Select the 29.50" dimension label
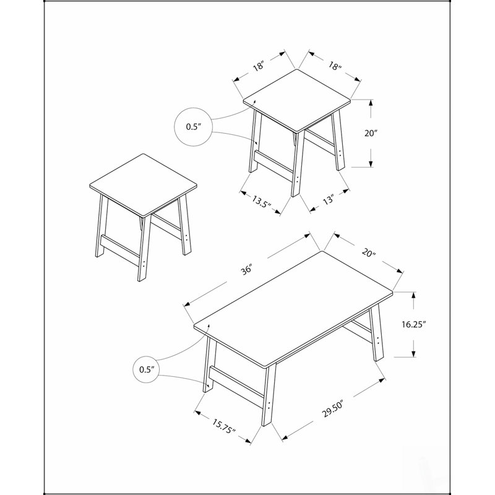332,408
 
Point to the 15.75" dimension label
224,426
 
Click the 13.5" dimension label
261,201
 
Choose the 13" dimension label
329,199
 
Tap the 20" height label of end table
371,133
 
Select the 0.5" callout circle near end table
194,127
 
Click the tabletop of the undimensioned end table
144,185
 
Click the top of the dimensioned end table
297,100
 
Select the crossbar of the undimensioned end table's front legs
120,251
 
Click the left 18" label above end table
258,66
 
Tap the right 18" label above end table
335,66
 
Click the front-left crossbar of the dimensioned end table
273,166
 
